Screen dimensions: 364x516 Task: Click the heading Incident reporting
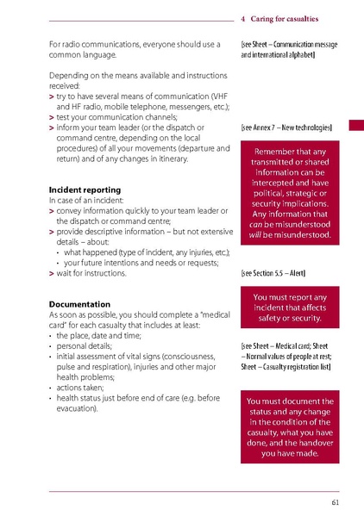point(85,189)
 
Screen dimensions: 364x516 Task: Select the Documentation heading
point(79,304)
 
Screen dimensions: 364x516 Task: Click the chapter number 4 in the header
point(244,16)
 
